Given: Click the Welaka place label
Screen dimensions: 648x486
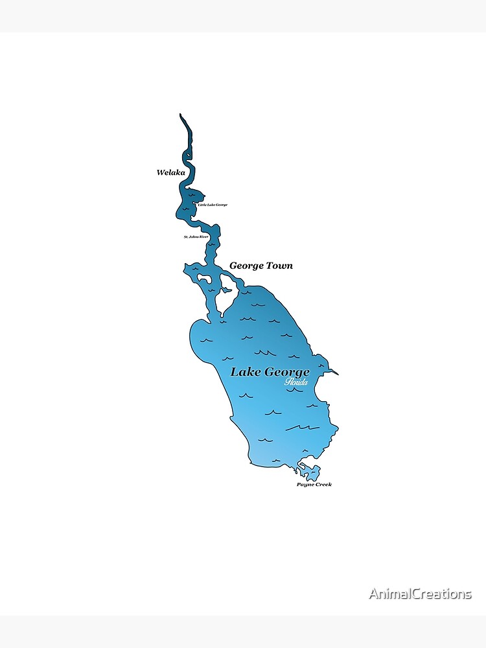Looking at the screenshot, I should click(171, 172).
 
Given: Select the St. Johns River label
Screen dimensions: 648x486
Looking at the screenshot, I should click(196, 237).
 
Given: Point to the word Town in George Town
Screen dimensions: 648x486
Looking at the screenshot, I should click(279, 266).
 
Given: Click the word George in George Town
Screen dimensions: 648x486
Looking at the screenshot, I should click(246, 266).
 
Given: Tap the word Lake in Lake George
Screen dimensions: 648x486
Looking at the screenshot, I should click(245, 372).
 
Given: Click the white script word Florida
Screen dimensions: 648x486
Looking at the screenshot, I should click(296, 382).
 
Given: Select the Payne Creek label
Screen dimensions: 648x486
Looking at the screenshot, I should click(314, 485).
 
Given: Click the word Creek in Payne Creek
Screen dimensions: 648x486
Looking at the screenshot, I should click(323, 485).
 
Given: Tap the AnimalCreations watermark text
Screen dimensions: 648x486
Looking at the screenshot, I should click(421, 594).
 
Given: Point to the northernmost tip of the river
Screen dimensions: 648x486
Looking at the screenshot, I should click(181, 115).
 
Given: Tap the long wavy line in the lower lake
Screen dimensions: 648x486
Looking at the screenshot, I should click(301, 427).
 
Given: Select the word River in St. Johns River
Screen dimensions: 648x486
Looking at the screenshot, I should click(204, 237).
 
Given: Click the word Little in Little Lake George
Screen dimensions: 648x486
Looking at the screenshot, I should click(202, 205).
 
